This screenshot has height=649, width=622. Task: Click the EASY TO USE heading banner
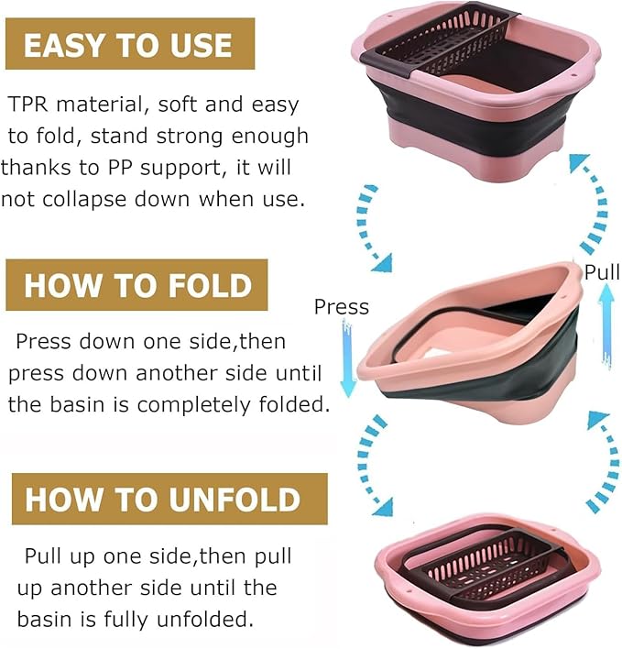pyautogui.click(x=129, y=44)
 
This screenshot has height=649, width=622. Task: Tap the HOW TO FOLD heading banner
pyautogui.click(x=136, y=284)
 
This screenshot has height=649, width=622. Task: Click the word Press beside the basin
pyautogui.click(x=341, y=307)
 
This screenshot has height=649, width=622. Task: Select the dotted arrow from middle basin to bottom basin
pyautogui.click(x=369, y=464)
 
